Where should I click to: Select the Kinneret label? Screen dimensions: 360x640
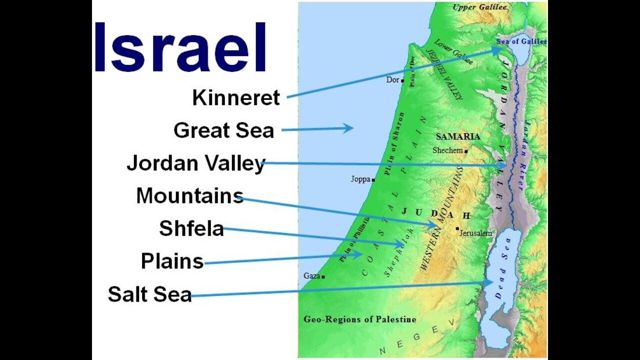(236, 98)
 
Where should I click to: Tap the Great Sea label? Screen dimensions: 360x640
(223, 130)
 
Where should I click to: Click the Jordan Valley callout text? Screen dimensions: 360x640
(195, 163)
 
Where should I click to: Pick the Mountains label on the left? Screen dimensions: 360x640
(189, 195)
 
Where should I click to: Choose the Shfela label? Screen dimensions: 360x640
(191, 228)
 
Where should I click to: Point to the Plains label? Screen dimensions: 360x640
(172, 261)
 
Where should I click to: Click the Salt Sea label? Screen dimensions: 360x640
(149, 294)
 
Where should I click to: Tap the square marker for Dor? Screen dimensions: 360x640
(402, 80)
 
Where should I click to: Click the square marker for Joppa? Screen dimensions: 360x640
(373, 180)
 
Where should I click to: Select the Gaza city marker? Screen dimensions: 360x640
(323, 276)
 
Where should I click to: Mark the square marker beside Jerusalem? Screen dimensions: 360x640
(457, 228)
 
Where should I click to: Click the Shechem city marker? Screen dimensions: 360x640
(466, 151)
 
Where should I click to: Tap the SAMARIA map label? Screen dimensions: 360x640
(458, 136)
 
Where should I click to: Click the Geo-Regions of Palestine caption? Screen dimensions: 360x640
(359, 319)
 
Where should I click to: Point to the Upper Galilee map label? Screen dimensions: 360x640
(479, 7)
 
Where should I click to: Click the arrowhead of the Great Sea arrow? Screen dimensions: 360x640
(350, 128)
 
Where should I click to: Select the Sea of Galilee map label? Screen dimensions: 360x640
(521, 41)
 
